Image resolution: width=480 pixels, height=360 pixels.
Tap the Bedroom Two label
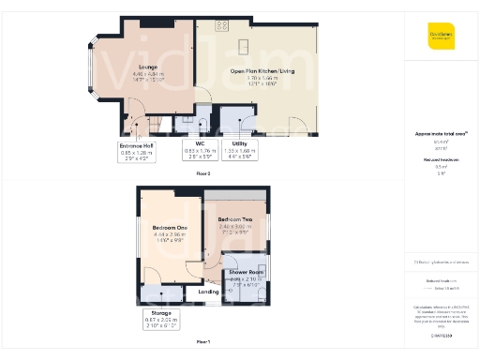coord(234,224)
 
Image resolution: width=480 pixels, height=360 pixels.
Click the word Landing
coord(209,292)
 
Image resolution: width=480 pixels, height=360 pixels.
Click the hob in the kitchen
coord(221,24)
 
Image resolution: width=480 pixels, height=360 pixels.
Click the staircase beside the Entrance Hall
coord(139,123)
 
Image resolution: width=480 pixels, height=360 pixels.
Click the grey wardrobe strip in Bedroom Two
coord(236,196)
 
